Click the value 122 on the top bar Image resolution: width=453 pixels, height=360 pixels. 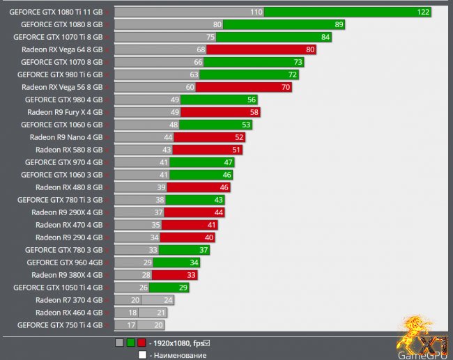tap(423, 12)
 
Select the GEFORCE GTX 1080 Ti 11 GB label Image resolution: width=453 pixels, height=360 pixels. tap(56, 12)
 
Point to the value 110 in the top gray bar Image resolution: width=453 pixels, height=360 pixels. tap(256, 12)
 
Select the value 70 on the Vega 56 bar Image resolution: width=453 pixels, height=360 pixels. tap(286, 87)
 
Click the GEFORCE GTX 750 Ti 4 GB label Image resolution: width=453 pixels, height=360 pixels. tap(60, 325)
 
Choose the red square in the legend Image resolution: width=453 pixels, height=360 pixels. tap(141, 343)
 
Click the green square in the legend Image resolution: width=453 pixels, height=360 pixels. tap(130, 343)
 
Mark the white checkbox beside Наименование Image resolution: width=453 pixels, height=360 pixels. tap(141, 354)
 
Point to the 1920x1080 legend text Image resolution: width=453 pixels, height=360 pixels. tap(178, 343)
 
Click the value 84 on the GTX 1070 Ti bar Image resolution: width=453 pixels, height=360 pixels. tap(325, 37)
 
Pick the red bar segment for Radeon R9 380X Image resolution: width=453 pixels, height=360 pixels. tap(174, 275)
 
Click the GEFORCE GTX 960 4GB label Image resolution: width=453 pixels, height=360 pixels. tap(65, 263)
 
